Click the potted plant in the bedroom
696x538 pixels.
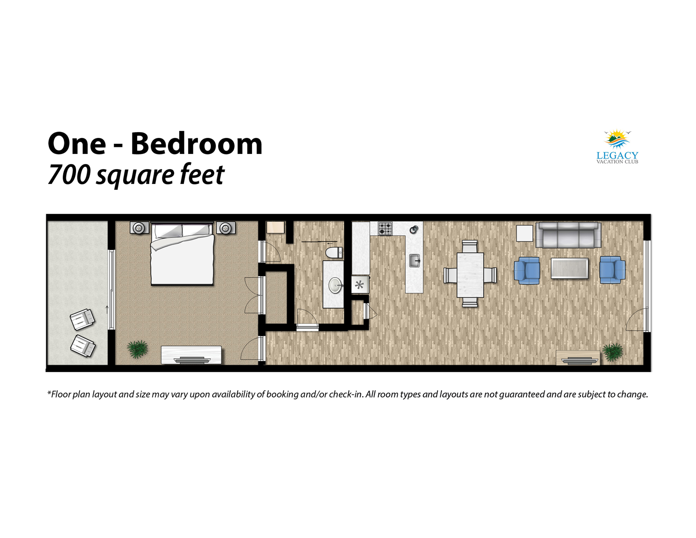click(x=138, y=349)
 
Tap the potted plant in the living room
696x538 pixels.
click(x=612, y=352)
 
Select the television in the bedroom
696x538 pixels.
click(x=192, y=360)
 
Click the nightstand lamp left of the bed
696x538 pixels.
click(x=139, y=228)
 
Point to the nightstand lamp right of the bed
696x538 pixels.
click(x=226, y=228)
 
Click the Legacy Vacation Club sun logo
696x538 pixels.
click(x=617, y=139)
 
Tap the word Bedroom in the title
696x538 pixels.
click(x=196, y=144)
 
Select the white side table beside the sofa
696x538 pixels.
click(x=524, y=233)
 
